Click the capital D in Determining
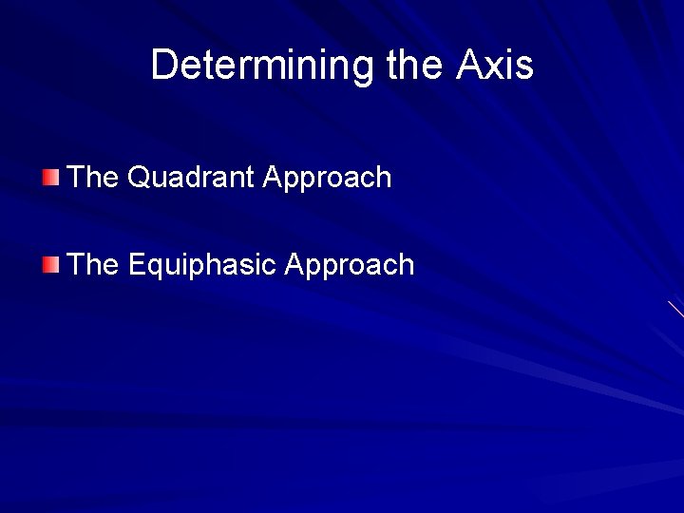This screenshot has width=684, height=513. pyautogui.click(x=163, y=66)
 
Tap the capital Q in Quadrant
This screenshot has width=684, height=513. pyautogui.click(x=138, y=178)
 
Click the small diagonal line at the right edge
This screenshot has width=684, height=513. pyautogui.click(x=675, y=309)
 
